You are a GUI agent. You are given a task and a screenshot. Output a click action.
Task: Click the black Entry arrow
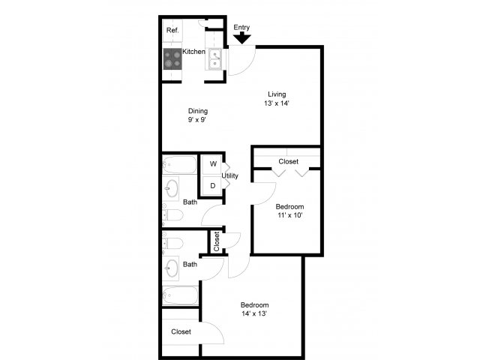pos(241,37)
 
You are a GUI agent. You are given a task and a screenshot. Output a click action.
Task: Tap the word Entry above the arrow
pos(241,27)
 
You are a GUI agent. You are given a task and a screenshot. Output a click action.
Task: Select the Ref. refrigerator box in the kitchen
pos(172,31)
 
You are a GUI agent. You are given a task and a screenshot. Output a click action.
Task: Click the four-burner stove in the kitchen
pos(172,58)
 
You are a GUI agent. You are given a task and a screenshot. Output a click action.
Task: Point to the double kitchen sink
pos(215,59)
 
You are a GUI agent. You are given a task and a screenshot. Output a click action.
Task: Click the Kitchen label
pos(193,52)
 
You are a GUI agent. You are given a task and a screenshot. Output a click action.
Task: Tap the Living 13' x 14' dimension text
pos(277,103)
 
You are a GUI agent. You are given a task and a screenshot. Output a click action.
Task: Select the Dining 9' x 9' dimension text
pos(196,120)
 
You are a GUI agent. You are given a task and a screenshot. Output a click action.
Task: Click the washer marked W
pos(212,164)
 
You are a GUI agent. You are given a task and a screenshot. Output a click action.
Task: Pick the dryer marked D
pos(212,185)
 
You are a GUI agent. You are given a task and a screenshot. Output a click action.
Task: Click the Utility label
pos(230,175)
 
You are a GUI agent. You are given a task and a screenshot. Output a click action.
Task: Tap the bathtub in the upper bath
pos(179,165)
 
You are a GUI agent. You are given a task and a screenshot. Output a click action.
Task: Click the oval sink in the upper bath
pos(171,188)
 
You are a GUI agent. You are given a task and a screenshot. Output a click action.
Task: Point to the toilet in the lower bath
pos(172,243)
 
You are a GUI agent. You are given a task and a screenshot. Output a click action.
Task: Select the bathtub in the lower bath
pos(180,295)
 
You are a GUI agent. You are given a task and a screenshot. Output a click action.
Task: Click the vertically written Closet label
pos(217,241)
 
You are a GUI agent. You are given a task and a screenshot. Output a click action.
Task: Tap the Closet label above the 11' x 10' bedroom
pos(288,161)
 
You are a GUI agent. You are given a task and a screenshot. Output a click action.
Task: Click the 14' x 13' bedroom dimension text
pos(254,313)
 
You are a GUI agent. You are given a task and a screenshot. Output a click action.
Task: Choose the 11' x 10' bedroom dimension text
pos(290,215)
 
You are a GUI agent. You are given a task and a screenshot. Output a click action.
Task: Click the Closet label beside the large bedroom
pos(181,331)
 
